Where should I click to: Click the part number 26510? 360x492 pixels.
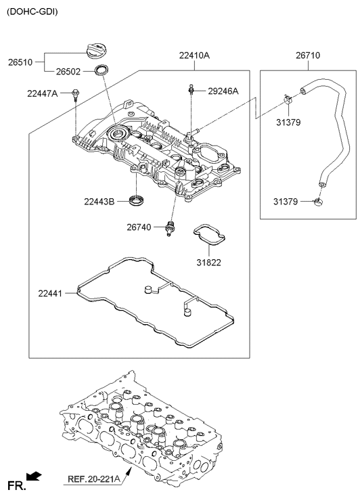tap(20, 62)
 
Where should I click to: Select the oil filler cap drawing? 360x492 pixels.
tap(97, 51)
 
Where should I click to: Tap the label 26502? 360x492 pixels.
tap(68, 72)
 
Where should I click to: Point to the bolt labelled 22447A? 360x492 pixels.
tap(75, 95)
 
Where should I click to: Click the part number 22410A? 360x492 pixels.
tap(195, 55)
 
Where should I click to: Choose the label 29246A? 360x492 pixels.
tap(223, 91)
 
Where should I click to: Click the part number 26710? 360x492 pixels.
tap(308, 55)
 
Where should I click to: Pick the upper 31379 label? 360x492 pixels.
tap(288, 122)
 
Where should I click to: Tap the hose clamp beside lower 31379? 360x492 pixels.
tap(319, 202)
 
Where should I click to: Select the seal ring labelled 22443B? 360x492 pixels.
tap(137, 200)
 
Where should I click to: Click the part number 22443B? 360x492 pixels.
tap(99, 202)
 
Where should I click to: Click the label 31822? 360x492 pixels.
tap(209, 263)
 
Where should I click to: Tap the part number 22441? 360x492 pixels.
tap(50, 294)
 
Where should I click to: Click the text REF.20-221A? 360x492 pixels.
tap(94, 479)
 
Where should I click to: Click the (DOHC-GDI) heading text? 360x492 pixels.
tap(32, 12)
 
